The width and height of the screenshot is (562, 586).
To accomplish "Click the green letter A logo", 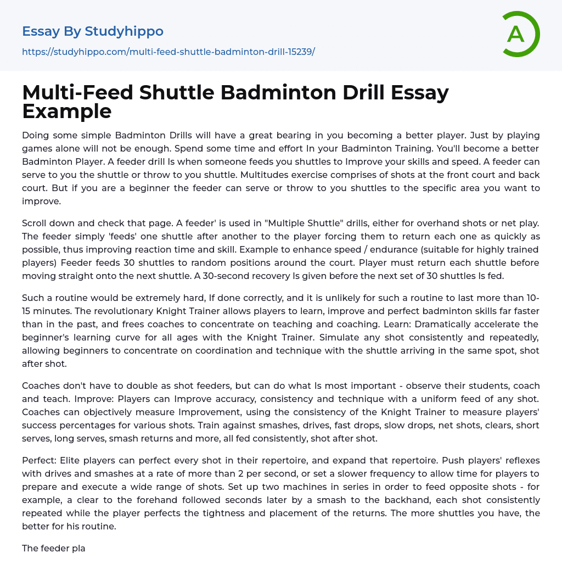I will tap(519, 34).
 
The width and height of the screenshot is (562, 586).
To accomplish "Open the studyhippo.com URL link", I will tap(168, 52).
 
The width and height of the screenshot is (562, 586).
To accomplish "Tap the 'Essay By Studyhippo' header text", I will tap(93, 31).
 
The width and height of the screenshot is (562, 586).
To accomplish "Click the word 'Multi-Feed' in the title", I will tap(77, 93).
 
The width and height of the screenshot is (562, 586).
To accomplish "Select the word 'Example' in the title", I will tap(67, 111).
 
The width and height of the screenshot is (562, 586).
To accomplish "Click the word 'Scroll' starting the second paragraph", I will tap(36, 223).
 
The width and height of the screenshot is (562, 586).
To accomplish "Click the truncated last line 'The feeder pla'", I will tap(53, 548).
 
